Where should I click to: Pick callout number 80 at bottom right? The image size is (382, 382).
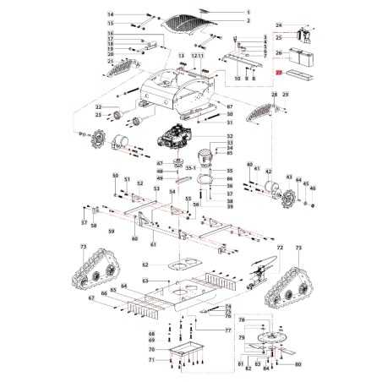[298, 364]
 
